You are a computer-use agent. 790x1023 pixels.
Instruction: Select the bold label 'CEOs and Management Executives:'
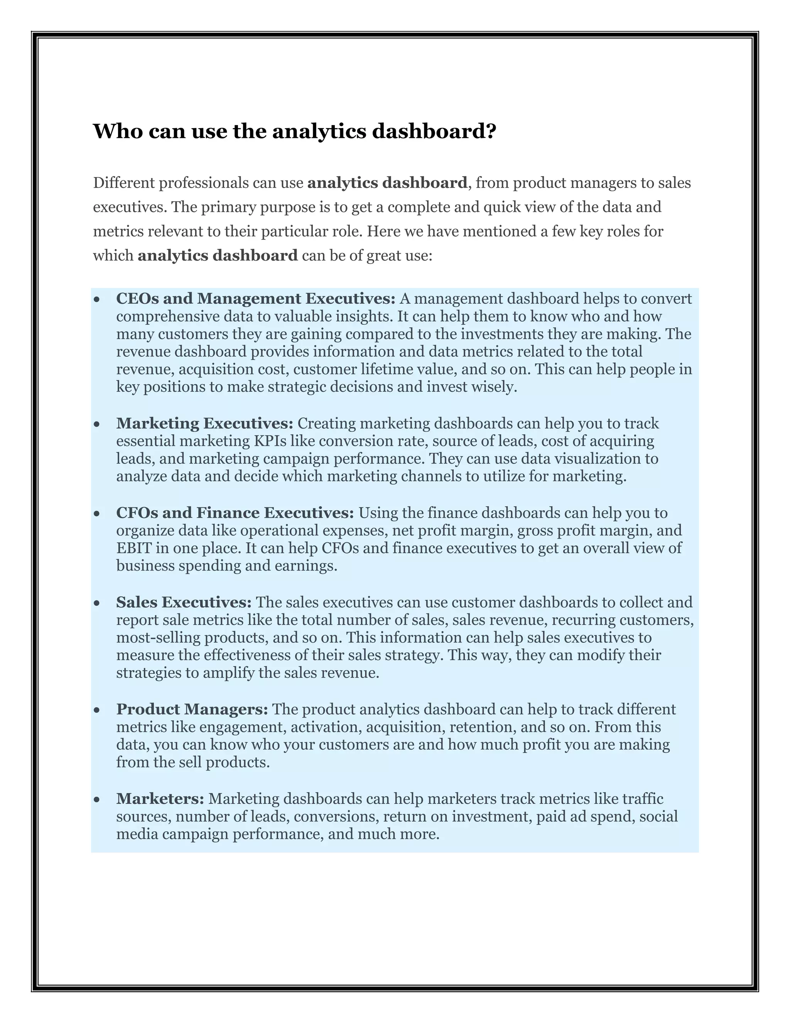click(x=255, y=298)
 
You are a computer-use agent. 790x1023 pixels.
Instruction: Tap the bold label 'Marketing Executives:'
click(x=204, y=423)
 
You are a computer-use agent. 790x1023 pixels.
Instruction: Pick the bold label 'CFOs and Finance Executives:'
click(x=235, y=513)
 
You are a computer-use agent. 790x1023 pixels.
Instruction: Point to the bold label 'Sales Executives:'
click(x=184, y=602)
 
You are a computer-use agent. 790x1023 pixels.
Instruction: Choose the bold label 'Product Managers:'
click(x=192, y=709)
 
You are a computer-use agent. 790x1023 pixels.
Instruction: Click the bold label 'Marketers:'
click(x=160, y=799)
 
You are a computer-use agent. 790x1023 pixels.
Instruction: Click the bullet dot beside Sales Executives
click(x=97, y=603)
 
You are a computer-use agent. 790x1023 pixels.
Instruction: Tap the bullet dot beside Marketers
click(x=97, y=799)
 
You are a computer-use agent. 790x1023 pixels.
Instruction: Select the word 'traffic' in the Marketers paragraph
click(x=643, y=799)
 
